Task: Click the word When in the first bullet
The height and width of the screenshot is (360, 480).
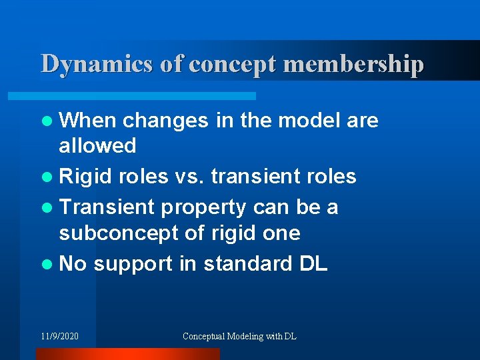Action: [88, 121]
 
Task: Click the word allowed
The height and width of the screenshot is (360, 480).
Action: [97, 145]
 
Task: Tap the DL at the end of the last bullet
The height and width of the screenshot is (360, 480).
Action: [313, 264]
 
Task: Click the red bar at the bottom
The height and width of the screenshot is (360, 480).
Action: [127, 354]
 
